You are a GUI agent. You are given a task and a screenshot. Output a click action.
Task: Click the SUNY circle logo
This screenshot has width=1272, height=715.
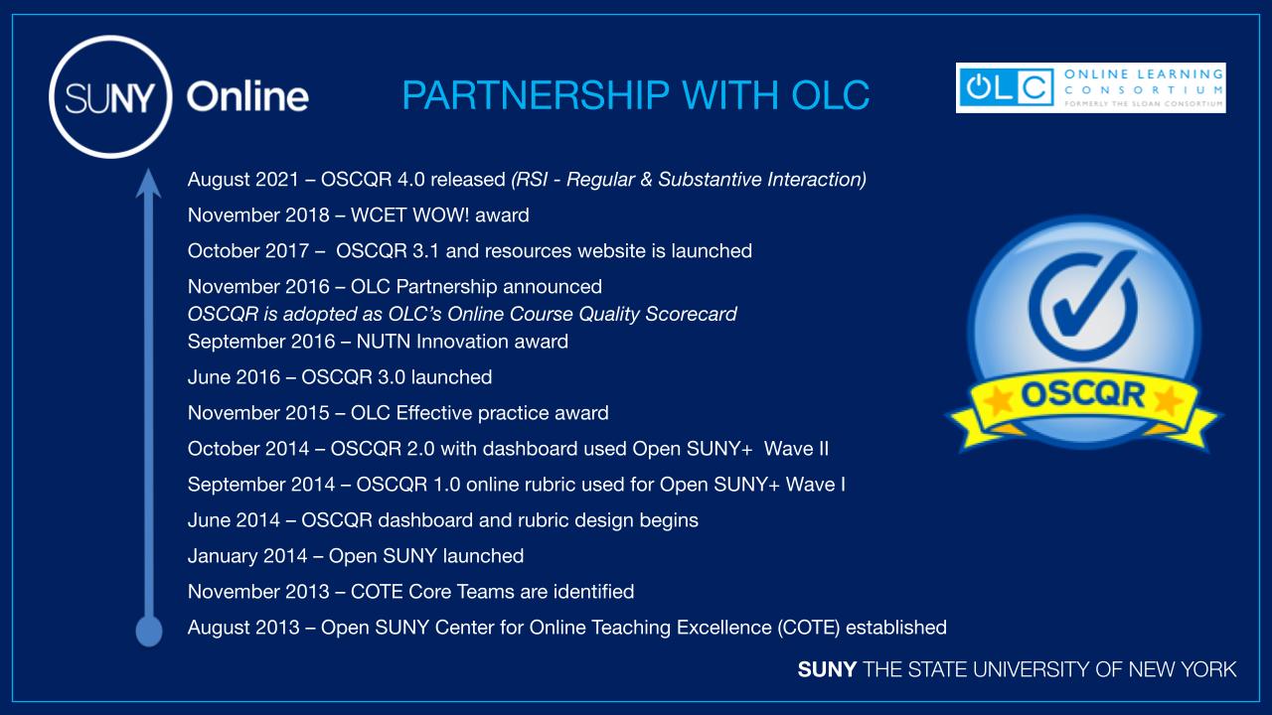click(110, 96)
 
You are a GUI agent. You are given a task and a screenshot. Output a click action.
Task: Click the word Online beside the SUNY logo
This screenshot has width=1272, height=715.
click(247, 96)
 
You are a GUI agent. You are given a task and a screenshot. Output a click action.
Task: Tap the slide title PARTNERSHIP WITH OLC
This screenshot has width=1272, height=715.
click(635, 94)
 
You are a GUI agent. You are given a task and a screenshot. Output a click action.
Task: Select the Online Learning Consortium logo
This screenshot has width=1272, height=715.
click(1090, 88)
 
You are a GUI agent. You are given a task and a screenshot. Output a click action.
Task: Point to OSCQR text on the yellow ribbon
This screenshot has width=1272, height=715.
click(1082, 394)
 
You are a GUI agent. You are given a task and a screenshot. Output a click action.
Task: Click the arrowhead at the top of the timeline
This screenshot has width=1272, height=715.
click(148, 184)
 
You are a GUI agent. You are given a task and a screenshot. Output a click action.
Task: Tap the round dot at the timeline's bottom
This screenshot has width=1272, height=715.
click(149, 631)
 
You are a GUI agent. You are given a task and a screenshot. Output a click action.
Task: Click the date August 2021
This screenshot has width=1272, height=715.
click(243, 180)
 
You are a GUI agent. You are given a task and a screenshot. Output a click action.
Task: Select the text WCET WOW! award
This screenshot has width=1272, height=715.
click(439, 215)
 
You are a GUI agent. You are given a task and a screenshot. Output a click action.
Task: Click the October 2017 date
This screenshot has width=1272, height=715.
click(248, 251)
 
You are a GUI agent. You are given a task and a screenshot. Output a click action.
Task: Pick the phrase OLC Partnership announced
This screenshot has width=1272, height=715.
click(476, 287)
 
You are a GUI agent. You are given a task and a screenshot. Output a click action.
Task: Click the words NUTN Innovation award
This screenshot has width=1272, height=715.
click(462, 342)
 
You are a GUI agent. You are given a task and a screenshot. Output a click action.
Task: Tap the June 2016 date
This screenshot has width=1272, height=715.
click(234, 377)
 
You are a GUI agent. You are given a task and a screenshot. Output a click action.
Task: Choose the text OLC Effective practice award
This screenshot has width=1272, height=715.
click(479, 413)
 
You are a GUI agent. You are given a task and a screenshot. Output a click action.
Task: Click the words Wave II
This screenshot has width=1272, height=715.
click(796, 449)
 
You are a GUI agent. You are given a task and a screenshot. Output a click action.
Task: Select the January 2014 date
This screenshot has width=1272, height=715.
click(247, 556)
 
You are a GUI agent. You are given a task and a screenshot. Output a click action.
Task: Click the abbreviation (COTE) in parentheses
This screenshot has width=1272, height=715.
click(809, 628)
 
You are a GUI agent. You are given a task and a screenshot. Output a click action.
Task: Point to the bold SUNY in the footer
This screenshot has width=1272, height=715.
click(827, 669)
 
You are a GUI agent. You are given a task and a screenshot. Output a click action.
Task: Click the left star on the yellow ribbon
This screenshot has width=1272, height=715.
click(998, 399)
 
